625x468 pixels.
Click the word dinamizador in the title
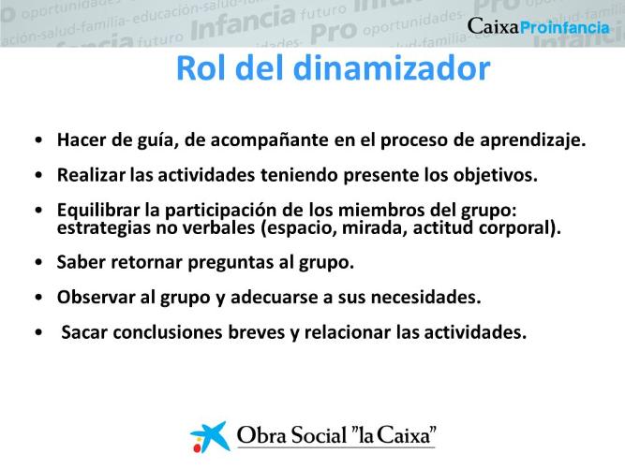coord(392,68)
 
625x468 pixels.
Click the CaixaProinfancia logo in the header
coord(539,27)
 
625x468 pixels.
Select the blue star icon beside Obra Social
coord(210,436)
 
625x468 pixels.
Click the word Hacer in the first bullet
coord(82,139)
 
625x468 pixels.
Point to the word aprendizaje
coord(532,140)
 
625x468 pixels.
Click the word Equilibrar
coord(98,211)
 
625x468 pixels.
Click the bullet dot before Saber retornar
coord(38,262)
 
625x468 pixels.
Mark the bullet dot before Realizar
coord(38,175)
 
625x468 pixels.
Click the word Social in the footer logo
coord(319,435)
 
